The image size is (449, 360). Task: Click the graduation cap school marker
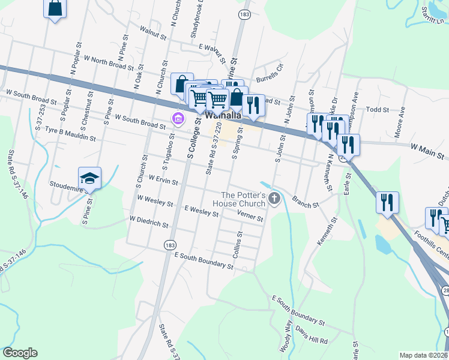pos(89,178)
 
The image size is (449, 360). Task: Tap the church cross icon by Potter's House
pos(275,199)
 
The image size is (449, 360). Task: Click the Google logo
pos(20,353)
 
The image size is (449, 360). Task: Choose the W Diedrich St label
pos(149,223)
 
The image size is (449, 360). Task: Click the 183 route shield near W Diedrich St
pos(169,244)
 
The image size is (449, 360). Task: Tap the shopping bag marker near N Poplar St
pos(55,8)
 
